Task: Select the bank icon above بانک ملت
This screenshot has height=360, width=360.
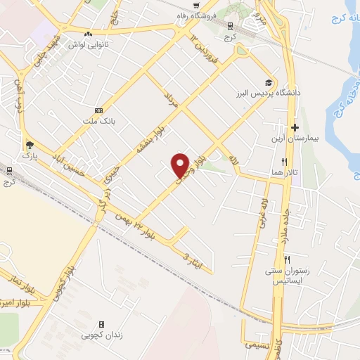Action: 98,110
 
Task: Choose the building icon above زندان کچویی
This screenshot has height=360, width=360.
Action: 101,324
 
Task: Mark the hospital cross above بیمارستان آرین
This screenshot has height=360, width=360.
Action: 295,128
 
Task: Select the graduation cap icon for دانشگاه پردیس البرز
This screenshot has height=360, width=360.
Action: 267,82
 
